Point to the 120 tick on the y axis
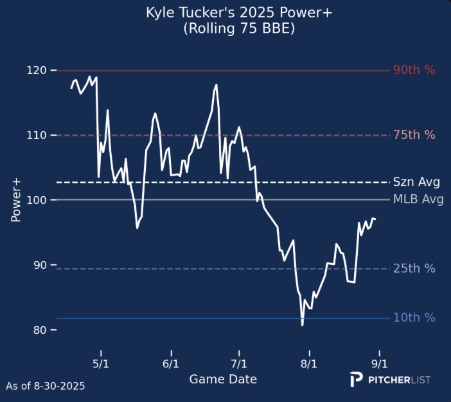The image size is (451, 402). tap(37, 70)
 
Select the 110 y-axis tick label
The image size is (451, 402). tap(37, 135)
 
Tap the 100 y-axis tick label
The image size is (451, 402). tap(37, 200)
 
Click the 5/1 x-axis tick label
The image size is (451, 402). tap(101, 362)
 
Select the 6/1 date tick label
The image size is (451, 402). tap(171, 362)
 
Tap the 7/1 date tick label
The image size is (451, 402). tap(239, 362)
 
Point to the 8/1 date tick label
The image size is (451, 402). tap(309, 362)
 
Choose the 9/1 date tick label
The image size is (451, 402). tap(379, 362)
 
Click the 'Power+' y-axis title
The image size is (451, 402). tap(16, 200)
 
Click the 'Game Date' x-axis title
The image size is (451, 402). tap(223, 379)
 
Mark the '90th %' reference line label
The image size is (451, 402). tap(414, 70)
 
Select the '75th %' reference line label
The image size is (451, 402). tap(414, 135)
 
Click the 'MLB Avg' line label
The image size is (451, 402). tap(418, 200)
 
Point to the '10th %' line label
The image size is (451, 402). tap(414, 318)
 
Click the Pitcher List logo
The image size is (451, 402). tap(390, 379)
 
